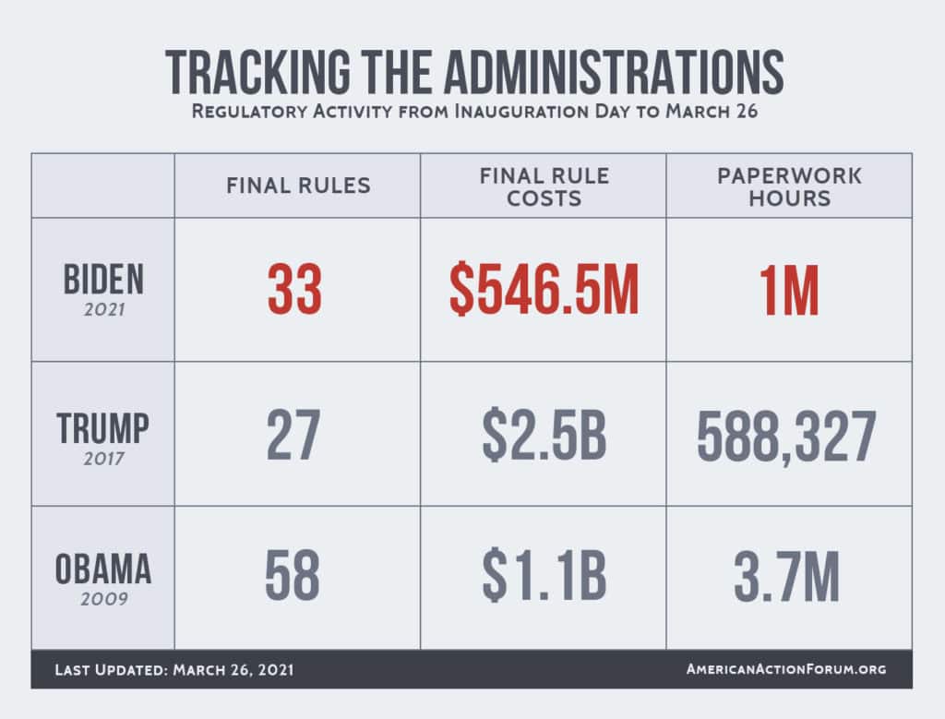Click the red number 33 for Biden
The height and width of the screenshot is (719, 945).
(295, 290)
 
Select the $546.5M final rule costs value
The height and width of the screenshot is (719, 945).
(544, 290)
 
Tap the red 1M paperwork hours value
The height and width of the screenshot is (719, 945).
(789, 290)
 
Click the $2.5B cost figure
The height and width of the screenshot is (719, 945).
(544, 437)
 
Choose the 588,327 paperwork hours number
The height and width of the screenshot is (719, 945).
(786, 437)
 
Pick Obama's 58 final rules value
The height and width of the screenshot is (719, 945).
(293, 578)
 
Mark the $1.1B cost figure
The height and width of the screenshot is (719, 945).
(544, 578)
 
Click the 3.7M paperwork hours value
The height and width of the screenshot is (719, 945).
(787, 578)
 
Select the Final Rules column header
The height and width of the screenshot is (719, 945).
(298, 186)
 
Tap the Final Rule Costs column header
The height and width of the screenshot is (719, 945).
(544, 186)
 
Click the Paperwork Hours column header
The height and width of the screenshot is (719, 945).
(789, 186)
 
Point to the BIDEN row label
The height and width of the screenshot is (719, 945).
(102, 278)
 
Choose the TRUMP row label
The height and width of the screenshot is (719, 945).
(102, 427)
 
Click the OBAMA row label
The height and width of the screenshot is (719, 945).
(102, 569)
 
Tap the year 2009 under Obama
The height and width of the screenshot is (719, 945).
(102, 599)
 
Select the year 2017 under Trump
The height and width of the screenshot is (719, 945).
(102, 457)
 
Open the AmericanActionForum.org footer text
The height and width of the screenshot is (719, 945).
(786, 668)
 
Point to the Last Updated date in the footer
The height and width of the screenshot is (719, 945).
(174, 668)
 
